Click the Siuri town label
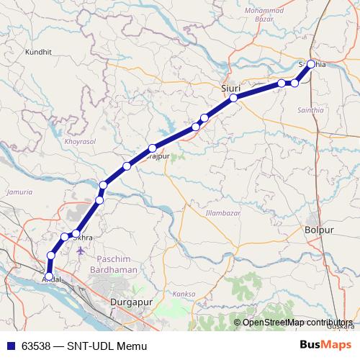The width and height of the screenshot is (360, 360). [x=230, y=87]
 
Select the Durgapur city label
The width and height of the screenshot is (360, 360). [x=133, y=303]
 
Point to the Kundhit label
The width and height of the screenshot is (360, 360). [x=39, y=53]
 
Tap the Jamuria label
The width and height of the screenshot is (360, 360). [x=19, y=192]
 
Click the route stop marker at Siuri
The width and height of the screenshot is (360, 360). [x=234, y=97]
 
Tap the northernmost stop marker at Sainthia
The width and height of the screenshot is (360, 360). [x=311, y=64]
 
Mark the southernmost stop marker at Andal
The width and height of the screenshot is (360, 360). [x=48, y=276]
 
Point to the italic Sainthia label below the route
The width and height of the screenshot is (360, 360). [x=310, y=110]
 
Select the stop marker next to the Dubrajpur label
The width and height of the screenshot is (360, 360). [x=152, y=148]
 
